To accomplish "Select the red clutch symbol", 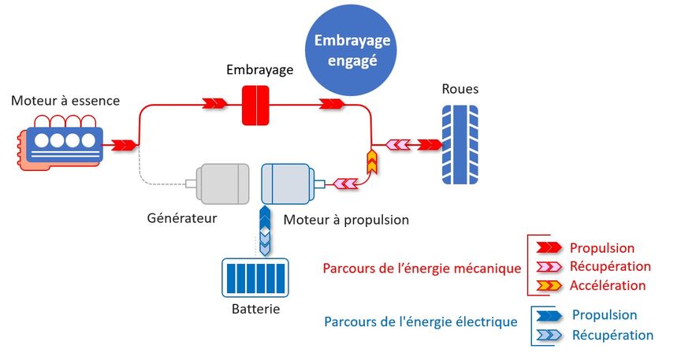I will pos(255,106).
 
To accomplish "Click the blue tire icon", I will pos(459,144).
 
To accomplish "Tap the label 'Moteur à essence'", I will pos(65,100).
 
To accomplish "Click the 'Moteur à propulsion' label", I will pos(346,220).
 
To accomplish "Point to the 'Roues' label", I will pos(460,89).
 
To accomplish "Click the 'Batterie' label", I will pos(255,309).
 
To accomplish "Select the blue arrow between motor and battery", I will pos(265,229).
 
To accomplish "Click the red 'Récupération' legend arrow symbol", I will pos(546,267).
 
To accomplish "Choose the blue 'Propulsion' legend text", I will pos(604,315).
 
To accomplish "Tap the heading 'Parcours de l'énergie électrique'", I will pos(420,321).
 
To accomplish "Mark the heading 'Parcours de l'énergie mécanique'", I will pos(422,268).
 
